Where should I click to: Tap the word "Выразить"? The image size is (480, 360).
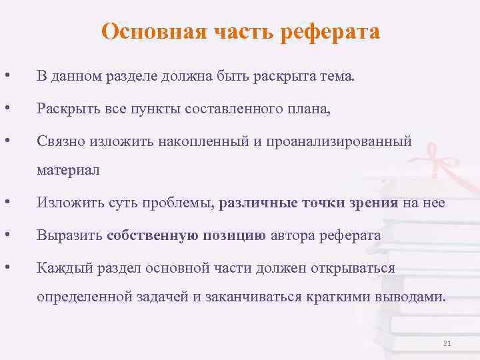69,235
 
